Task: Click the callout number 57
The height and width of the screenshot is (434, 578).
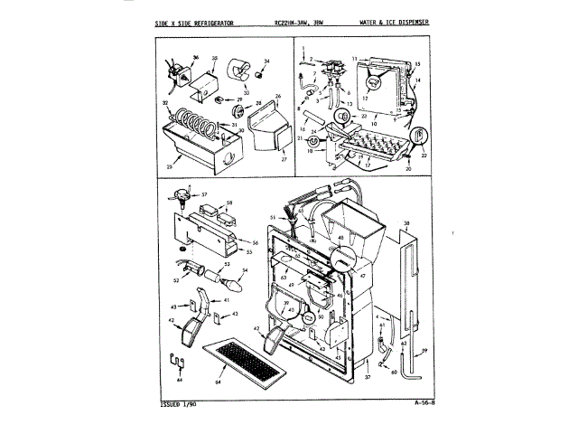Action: click(204, 194)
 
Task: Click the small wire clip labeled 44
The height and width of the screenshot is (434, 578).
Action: click(178, 364)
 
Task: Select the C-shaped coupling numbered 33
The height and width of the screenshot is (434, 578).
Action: click(241, 71)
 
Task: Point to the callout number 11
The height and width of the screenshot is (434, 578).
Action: click(357, 58)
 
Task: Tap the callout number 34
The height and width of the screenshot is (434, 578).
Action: click(267, 61)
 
